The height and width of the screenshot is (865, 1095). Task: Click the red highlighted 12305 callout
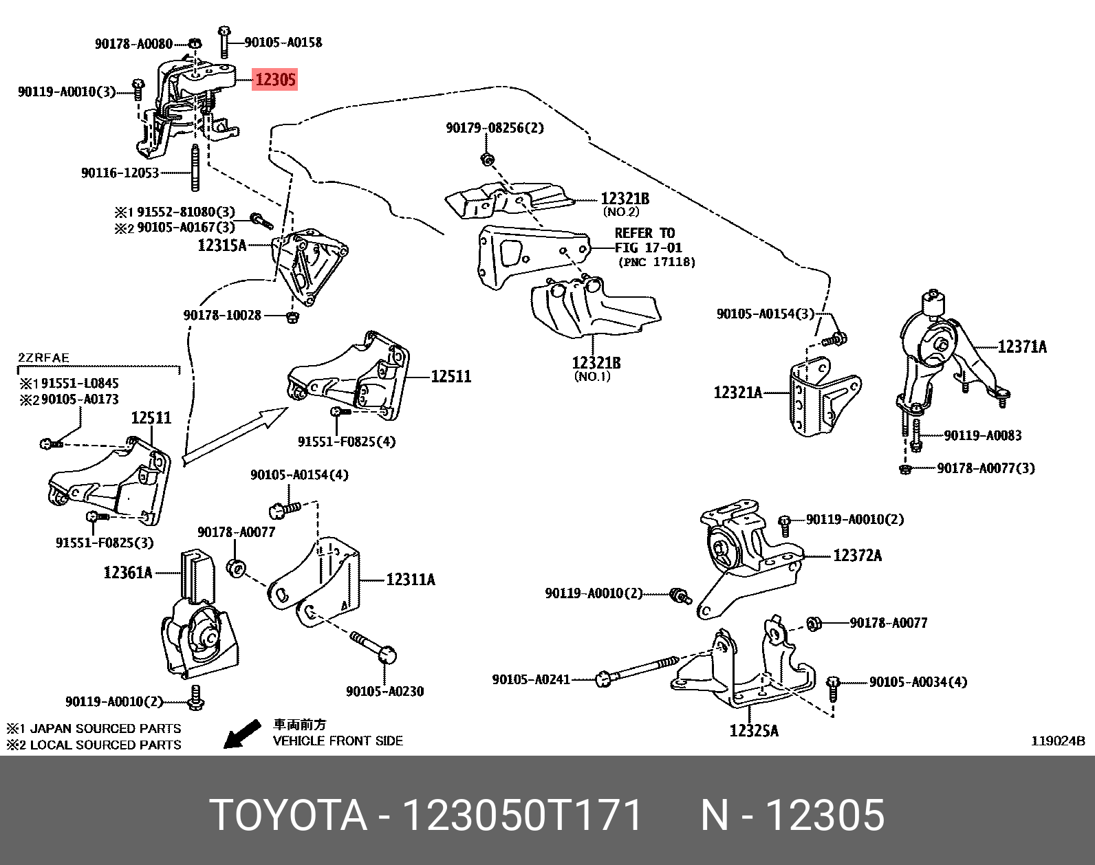(x=275, y=80)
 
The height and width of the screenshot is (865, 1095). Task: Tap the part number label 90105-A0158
(x=283, y=43)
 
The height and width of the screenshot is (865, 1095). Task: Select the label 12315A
(x=221, y=245)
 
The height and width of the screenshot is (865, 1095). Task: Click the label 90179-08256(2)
(x=494, y=128)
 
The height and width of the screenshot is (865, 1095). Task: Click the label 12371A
(x=1021, y=347)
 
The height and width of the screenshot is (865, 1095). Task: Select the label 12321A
(x=737, y=393)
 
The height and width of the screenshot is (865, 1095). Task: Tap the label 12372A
(x=856, y=555)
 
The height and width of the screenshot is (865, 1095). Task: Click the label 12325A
(x=754, y=730)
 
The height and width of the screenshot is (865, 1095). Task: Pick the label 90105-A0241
(x=530, y=679)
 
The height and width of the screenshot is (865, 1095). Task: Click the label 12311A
(x=410, y=580)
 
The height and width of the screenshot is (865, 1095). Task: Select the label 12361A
(x=127, y=572)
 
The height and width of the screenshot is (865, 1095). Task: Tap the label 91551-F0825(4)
(x=346, y=441)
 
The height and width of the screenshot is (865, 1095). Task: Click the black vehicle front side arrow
(x=242, y=734)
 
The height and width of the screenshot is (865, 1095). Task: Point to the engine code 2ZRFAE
(x=43, y=358)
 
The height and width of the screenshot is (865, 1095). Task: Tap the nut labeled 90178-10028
(x=292, y=316)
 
